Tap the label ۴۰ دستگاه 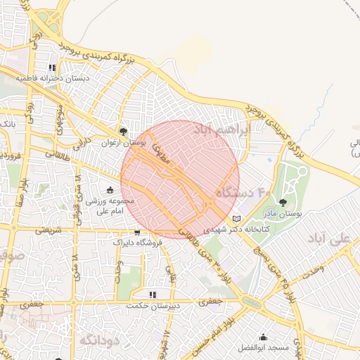pyautogui.click(x=243, y=191)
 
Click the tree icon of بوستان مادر pyautogui.click(x=283, y=202)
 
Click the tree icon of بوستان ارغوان pyautogui.click(x=123, y=131)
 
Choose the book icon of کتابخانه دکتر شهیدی pyautogui.click(x=236, y=218)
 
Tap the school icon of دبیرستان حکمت pyautogui.click(x=153, y=295)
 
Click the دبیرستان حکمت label pyautogui.click(x=153, y=306)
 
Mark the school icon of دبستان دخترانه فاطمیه pyautogui.click(x=53, y=68)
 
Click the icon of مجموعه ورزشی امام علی pyautogui.click(x=110, y=190)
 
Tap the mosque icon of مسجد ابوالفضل pyautogui.click(x=263, y=337)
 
